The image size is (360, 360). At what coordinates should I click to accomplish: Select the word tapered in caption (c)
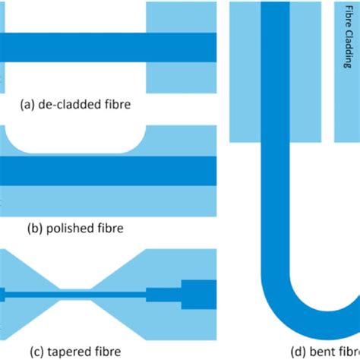click(x=66, y=351)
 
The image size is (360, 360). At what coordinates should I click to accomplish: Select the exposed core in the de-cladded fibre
click(x=76, y=46)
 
